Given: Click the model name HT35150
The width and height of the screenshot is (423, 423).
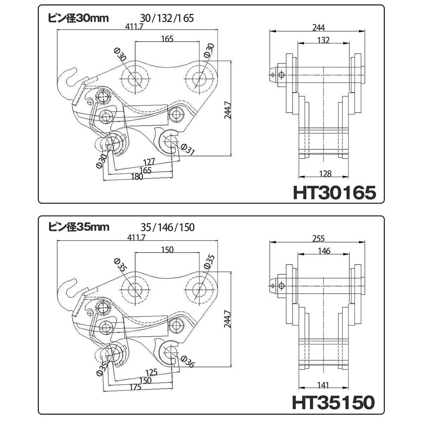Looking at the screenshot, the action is point(333,402).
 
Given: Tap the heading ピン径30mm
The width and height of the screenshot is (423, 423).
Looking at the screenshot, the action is point(78,18).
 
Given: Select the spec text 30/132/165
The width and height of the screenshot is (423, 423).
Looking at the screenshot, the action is point(167,18).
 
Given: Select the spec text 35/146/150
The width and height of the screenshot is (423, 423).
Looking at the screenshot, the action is point(167,227).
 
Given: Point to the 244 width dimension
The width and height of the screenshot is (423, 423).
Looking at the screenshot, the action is point(319,27).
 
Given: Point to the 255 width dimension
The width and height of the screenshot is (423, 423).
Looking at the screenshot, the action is point(319,239).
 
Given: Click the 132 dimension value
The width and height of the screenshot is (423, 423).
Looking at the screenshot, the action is point(324,40).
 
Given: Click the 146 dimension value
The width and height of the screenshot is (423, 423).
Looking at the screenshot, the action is point(324,251).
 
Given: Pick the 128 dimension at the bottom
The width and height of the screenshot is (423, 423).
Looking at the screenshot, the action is point(325,174).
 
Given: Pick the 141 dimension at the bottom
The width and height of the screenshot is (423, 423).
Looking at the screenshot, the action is point(323,385).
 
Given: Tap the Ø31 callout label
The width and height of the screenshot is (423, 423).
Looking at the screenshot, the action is point(188,149).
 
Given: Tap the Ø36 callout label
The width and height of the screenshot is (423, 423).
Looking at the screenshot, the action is point(188,361).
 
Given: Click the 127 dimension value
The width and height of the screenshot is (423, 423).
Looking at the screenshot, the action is point(149,162).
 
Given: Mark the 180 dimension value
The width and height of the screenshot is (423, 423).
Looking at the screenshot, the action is point(137,177).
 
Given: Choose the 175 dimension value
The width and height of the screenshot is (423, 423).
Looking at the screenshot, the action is point(135,387).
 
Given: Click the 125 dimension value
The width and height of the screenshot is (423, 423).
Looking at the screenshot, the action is point(152,372).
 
